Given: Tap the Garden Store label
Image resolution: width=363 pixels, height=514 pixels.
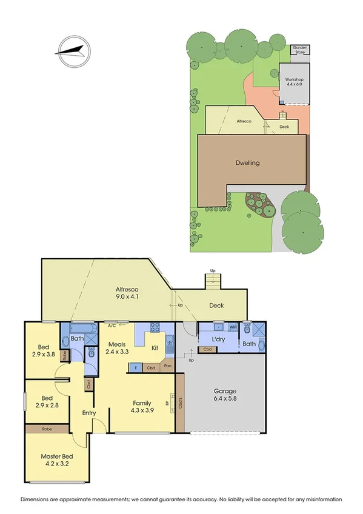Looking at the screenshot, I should [x=299, y=50].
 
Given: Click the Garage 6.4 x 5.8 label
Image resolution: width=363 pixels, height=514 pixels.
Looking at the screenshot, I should [x=225, y=395].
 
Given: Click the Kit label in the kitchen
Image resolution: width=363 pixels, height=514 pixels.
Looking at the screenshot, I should [x=155, y=349].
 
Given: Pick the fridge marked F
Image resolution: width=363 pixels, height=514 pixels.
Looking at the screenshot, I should [x=135, y=367].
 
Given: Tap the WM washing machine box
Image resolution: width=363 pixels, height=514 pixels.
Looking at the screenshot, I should [x=232, y=327].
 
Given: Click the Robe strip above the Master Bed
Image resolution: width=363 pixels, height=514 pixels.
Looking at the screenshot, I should [x=47, y=429].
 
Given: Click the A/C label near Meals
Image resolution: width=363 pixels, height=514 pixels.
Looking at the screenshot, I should [x=112, y=325].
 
